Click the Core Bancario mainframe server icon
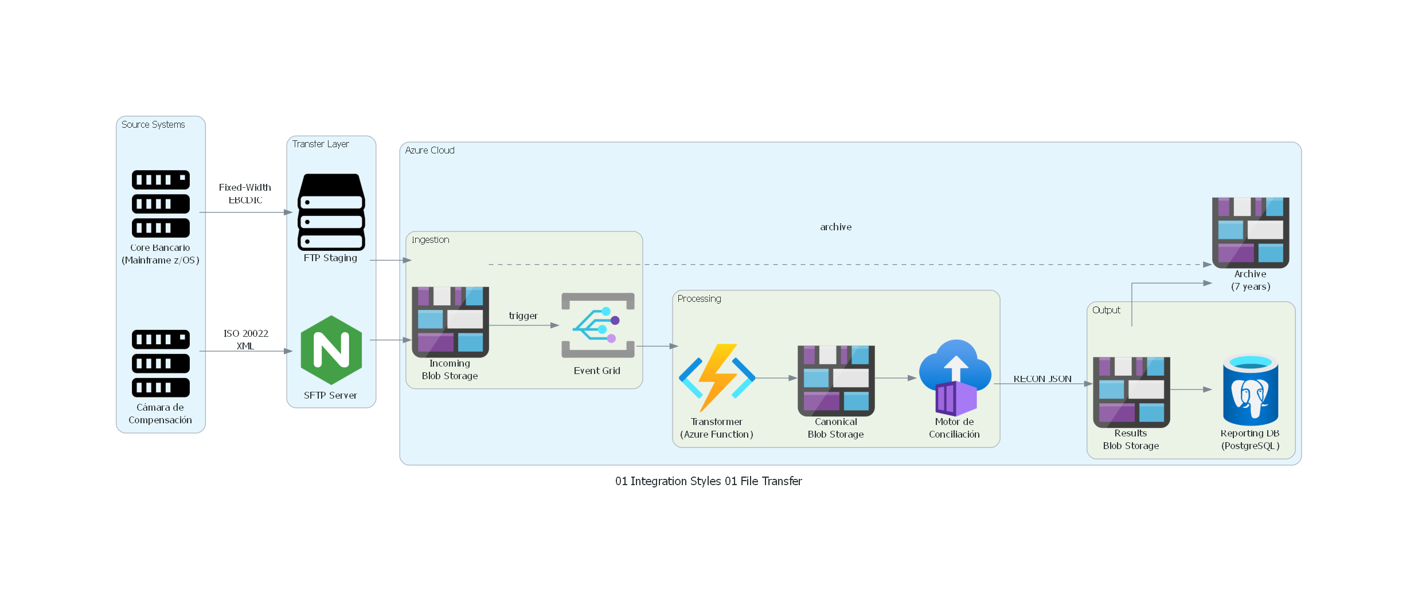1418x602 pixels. tap(161, 203)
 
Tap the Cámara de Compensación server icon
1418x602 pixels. tap(161, 363)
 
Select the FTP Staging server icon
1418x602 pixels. tap(331, 212)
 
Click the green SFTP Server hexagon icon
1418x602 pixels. tap(331, 350)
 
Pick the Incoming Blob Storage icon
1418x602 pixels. tap(450, 322)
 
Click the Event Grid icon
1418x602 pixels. tap(597, 325)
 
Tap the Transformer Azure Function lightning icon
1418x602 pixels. tap(717, 377)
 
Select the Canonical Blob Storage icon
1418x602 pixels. tap(836, 380)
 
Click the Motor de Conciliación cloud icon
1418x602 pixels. tap(955, 377)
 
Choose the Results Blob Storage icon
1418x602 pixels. tap(1131, 392)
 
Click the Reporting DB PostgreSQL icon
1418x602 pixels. tap(1251, 390)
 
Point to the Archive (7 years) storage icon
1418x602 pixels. tap(1251, 233)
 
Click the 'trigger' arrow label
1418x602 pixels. tap(523, 316)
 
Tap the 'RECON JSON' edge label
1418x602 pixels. tap(1042, 379)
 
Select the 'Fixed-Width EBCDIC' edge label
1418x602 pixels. tap(245, 194)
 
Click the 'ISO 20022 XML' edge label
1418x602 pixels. tap(245, 340)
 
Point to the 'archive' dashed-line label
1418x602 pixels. tap(835, 227)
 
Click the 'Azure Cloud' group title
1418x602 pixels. tap(429, 150)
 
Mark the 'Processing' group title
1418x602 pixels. tap(699, 298)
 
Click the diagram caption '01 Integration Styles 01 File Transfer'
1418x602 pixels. tap(708, 481)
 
